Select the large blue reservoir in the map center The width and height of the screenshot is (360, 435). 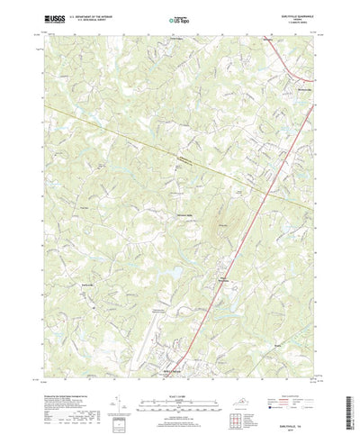coord(157,272)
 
